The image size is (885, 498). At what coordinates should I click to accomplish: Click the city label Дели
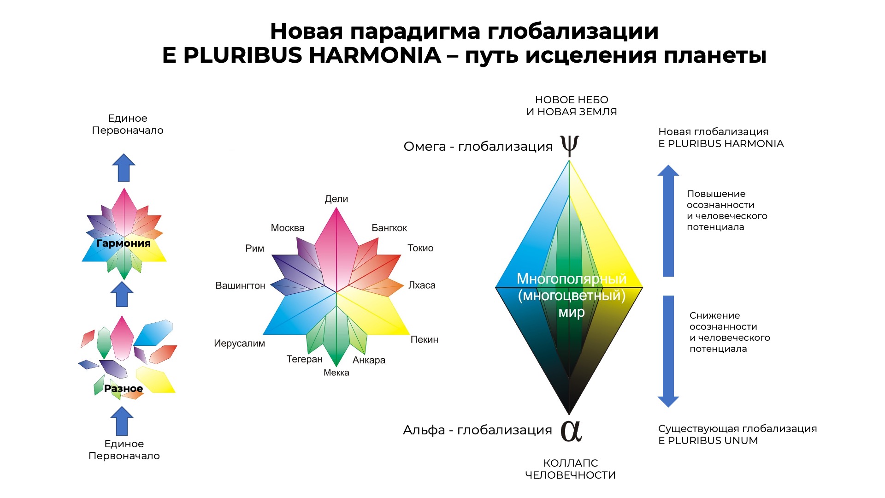[x=336, y=199]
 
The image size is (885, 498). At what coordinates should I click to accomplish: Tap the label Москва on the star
[x=288, y=228]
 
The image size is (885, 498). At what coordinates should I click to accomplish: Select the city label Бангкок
[x=389, y=228]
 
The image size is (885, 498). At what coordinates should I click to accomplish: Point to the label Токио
[x=420, y=248]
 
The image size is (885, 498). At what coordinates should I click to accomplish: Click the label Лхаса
[x=422, y=285]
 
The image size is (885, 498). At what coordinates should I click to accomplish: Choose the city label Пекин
[x=425, y=340]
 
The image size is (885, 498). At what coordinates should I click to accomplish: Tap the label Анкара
[x=369, y=360]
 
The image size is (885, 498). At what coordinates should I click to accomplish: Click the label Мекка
[x=336, y=373]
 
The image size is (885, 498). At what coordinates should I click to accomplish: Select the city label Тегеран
[x=305, y=359]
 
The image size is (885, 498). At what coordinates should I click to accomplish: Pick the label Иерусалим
[x=240, y=344]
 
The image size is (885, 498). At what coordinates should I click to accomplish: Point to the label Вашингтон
[x=241, y=286]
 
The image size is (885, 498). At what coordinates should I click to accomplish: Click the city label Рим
[x=255, y=249]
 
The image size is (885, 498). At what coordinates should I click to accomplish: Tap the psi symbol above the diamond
[x=570, y=146]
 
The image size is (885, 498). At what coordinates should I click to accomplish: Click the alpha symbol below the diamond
[x=571, y=431]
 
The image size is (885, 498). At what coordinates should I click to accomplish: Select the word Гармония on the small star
[x=124, y=243]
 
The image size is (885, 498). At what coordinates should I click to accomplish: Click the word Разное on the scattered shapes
[x=124, y=389]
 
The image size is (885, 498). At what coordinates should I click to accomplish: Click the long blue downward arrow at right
[x=668, y=351]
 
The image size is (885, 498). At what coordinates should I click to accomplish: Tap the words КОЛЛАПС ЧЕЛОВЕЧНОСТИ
[x=571, y=469]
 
